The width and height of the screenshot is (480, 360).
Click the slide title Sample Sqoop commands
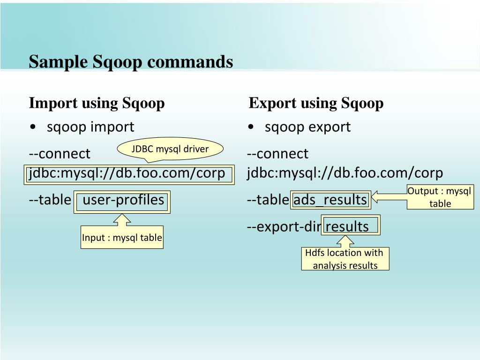point(131,62)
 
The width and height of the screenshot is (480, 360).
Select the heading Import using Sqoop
point(97,103)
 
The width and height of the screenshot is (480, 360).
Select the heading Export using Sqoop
point(316,103)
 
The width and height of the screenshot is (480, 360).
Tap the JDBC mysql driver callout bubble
point(170,149)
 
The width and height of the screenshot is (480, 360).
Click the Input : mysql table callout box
point(122,238)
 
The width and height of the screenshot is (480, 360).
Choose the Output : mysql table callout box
point(440,197)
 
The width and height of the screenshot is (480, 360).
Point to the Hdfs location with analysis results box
point(345,259)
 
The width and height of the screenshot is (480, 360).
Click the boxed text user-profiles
point(123,200)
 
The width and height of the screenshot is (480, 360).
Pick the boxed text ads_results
point(330,200)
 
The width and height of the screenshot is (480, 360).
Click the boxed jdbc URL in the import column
point(127,173)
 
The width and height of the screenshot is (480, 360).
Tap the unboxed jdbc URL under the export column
point(345,173)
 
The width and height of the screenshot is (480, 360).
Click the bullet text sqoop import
point(90,127)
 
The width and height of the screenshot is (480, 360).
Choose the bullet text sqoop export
point(307,127)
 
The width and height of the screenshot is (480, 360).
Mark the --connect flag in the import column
point(60,153)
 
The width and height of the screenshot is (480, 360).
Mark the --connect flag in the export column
point(277,153)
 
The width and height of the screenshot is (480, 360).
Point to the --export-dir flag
point(284,227)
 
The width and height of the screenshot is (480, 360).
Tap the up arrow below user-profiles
point(122,220)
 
